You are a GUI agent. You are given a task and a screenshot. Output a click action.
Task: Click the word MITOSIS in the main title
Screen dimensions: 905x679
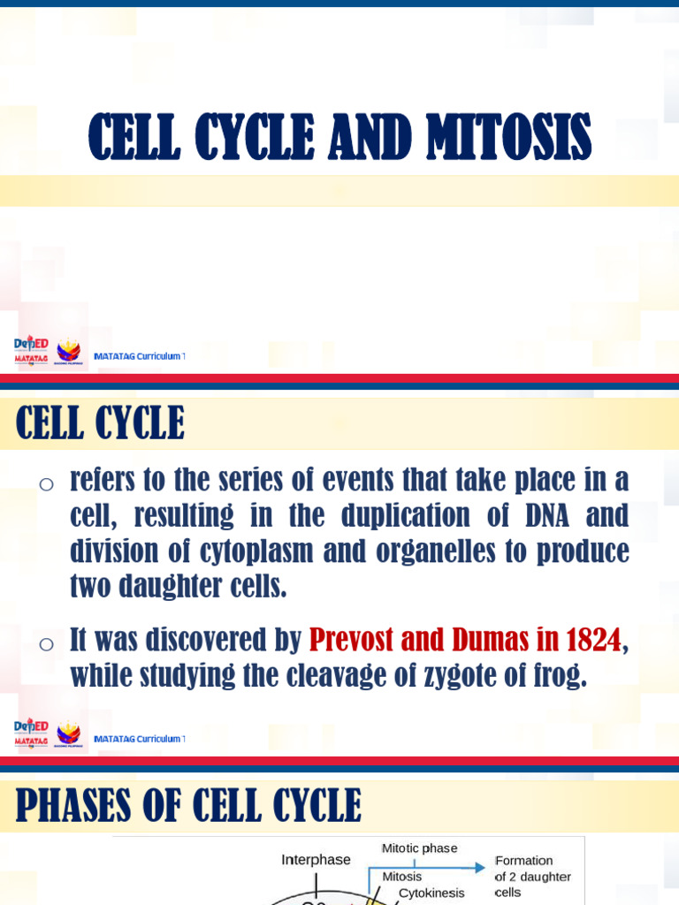(x=508, y=138)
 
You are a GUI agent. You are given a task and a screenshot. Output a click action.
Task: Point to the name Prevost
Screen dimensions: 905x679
(x=350, y=639)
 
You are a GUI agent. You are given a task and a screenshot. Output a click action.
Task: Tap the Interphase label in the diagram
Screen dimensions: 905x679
(x=316, y=859)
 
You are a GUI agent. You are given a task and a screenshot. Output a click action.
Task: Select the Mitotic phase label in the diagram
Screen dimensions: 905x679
(x=419, y=848)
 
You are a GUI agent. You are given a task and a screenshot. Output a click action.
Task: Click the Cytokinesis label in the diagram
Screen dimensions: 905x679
(x=431, y=893)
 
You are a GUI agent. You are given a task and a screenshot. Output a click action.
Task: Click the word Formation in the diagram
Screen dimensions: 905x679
(x=524, y=860)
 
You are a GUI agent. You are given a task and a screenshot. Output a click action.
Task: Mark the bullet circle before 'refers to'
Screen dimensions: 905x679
(x=47, y=483)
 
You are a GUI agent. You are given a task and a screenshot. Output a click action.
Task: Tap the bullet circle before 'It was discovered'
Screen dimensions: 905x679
(x=47, y=643)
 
